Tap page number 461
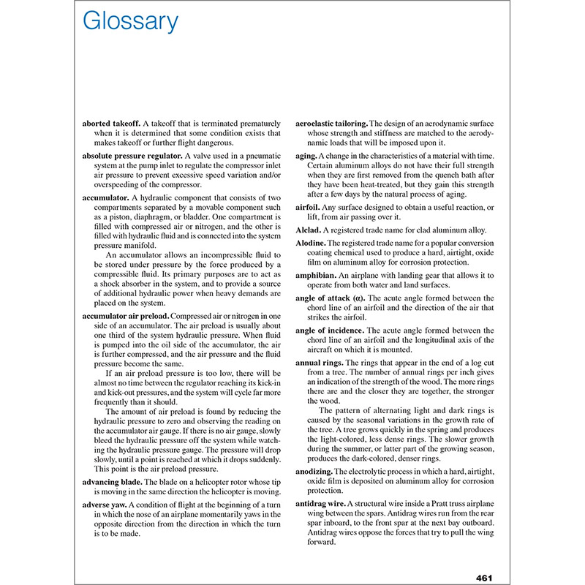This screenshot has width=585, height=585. (486, 578)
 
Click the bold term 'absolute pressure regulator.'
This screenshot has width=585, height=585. (131, 156)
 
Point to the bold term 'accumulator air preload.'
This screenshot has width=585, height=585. (126, 316)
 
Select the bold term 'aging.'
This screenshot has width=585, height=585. (306, 156)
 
